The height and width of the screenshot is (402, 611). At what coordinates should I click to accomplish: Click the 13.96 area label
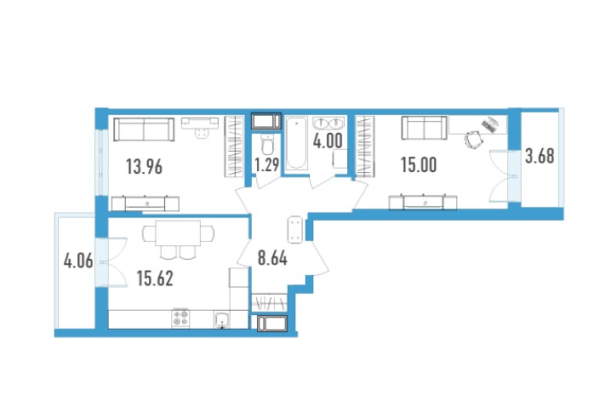[144, 167]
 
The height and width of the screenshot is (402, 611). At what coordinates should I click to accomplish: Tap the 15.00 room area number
[419, 164]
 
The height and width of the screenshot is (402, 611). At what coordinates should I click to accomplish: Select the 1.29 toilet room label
[267, 164]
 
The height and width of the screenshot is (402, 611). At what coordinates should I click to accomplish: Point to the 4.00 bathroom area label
[328, 141]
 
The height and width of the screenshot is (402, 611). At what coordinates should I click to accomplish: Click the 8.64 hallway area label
[273, 258]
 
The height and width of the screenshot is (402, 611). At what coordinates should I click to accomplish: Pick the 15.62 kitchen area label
[155, 279]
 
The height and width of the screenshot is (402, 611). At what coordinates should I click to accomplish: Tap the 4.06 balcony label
[78, 261]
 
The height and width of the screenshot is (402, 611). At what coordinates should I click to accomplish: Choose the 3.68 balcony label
[540, 156]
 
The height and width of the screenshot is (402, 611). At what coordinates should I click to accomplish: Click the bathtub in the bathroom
[296, 143]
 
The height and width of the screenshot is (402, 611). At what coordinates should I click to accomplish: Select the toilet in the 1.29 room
[267, 144]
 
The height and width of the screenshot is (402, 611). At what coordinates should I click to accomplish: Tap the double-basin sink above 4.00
[328, 123]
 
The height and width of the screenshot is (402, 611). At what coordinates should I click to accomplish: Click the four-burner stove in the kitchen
[180, 319]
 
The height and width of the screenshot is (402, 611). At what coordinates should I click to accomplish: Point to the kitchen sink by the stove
[222, 319]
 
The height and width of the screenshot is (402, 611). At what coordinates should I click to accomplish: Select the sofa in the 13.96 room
[144, 129]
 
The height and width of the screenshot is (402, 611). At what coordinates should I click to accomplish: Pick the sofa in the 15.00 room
[425, 128]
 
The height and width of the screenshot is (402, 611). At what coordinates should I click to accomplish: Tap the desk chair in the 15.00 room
[474, 140]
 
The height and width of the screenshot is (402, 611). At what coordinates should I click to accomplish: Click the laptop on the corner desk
[490, 124]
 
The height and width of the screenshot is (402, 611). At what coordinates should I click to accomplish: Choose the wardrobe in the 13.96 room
[234, 146]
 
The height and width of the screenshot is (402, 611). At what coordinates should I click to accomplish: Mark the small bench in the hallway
[295, 230]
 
